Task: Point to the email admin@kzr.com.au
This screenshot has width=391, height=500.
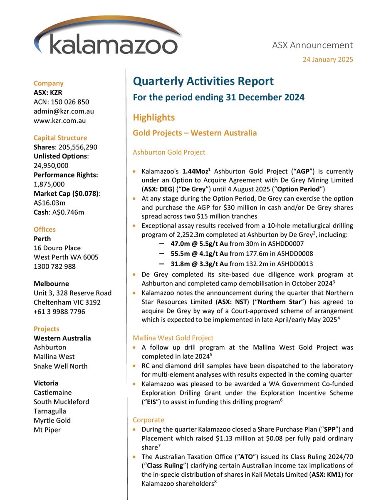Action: (x=63, y=111)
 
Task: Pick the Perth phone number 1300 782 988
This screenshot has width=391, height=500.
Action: (x=54, y=267)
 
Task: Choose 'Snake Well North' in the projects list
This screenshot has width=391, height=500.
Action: (x=61, y=366)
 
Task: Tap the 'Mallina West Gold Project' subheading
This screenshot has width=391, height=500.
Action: (x=173, y=338)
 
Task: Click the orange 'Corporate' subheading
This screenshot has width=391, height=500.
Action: (x=148, y=420)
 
